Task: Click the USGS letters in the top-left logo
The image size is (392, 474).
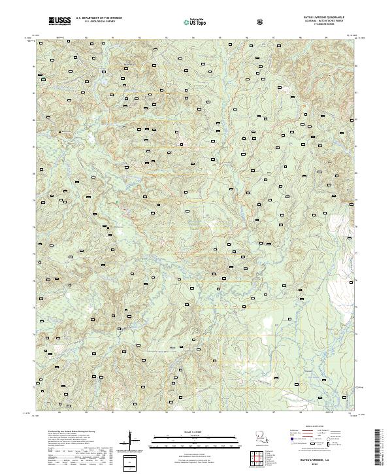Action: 60,20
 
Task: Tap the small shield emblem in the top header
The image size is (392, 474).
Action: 261,22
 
